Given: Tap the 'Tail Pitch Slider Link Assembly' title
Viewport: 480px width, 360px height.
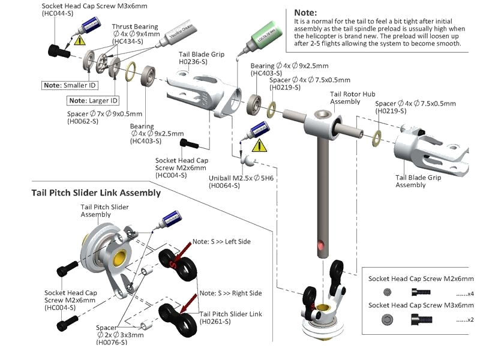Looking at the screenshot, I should (96, 193).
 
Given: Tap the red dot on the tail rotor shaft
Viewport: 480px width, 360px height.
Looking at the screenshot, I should (322, 245).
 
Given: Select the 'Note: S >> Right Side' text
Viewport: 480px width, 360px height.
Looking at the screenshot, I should (230, 293).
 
